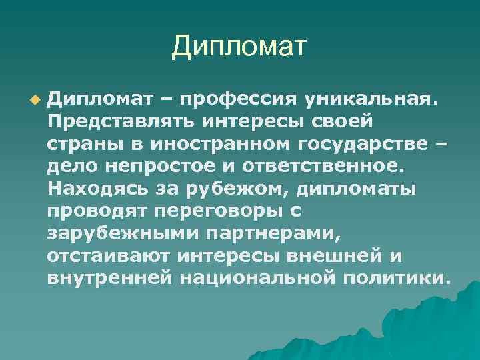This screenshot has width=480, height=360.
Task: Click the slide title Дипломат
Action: click(x=239, y=47)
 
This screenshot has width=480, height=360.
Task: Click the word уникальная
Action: click(x=372, y=99)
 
